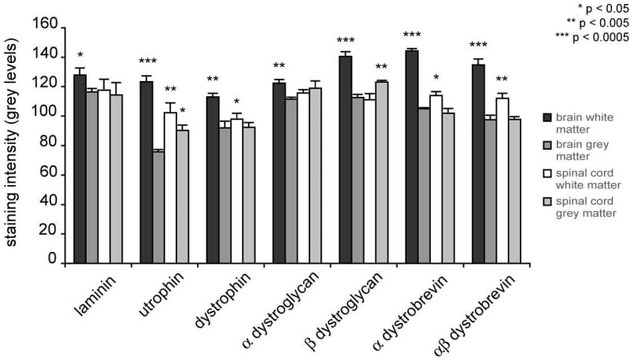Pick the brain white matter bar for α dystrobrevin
pos(411,157)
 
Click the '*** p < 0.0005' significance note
pos(592,36)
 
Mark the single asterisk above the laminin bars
pos(80,56)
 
